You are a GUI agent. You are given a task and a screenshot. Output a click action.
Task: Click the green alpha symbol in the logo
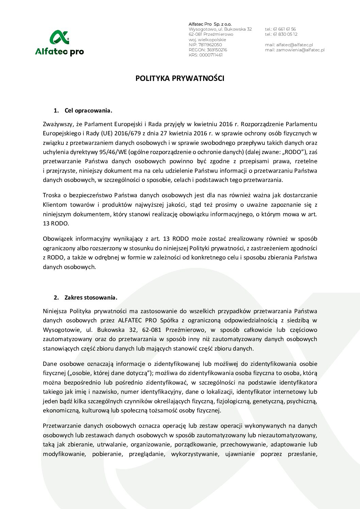coord(60,37)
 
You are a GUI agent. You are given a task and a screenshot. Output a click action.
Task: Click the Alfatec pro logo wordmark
coord(60,52)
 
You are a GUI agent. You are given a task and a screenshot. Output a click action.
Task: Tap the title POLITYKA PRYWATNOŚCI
coord(180,78)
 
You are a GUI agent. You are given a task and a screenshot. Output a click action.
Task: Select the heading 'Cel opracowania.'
coord(88,111)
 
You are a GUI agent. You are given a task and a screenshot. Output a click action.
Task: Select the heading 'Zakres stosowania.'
coord(91,298)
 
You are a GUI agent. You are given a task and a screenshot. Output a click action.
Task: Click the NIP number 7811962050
coord(210,45)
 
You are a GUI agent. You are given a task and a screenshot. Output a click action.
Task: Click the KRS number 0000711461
coord(211,55)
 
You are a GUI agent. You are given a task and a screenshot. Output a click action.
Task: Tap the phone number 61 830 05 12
coord(285,34)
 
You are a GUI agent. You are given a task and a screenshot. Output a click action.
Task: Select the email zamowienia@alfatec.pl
coord(300,50)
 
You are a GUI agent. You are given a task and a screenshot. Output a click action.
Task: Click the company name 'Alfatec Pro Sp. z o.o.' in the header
coord(210,24)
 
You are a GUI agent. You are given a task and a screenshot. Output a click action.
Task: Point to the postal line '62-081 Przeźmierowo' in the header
coord(211,34)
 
